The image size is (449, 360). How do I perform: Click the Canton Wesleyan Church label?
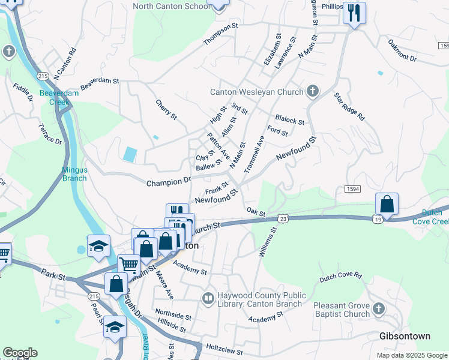[256, 92]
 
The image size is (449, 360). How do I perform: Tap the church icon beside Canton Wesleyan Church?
[312, 91]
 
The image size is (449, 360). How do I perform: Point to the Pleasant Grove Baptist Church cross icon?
[378, 309]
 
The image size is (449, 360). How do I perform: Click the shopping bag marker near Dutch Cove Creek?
[387, 204]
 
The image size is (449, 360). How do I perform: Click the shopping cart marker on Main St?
[128, 264]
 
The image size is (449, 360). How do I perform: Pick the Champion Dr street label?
[169, 181]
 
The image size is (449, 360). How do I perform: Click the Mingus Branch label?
[74, 174]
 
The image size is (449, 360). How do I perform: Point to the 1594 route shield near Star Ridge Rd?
[352, 188]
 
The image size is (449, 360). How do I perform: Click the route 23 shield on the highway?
[283, 219]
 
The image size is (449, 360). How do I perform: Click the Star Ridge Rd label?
[349, 107]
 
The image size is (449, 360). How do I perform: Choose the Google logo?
[20, 353]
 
